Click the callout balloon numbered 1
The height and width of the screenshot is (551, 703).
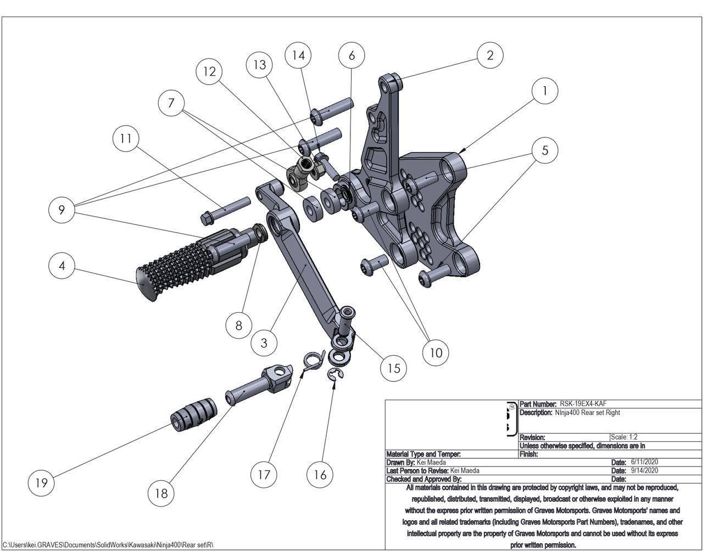tap(544, 91)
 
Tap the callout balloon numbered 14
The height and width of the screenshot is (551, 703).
tap(298, 55)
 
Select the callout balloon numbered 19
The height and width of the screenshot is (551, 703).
tap(41, 482)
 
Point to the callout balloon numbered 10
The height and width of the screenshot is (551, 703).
tap(436, 352)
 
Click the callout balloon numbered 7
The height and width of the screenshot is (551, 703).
tap(171, 103)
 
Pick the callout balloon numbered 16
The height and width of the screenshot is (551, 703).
tap(320, 474)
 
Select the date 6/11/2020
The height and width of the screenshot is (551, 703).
tap(644, 462)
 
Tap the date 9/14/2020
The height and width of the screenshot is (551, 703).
tap(644, 470)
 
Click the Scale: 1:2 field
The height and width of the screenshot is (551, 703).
tap(624, 437)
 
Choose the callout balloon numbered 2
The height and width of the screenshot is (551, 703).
tap(490, 54)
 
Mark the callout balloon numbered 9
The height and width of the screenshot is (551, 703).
tap(62, 210)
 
